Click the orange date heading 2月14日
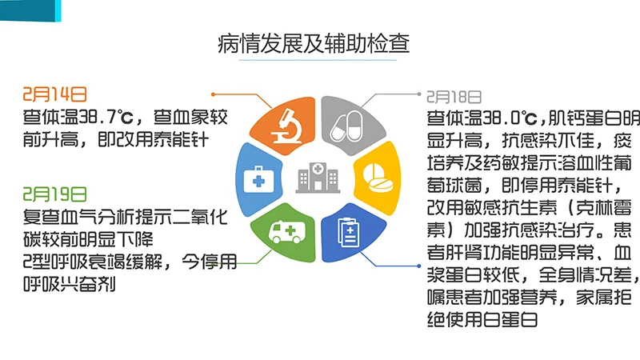[x=54, y=94]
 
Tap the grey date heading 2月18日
[x=454, y=97]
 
